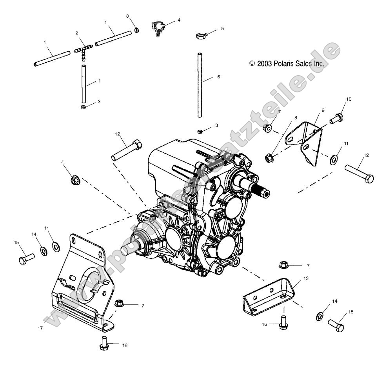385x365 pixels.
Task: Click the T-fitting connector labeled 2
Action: [x=83, y=51]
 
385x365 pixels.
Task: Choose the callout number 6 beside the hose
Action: [x=218, y=77]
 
